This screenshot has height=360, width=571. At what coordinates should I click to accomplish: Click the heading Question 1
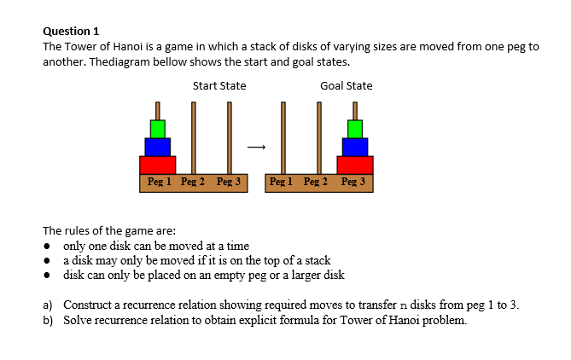tap(71, 31)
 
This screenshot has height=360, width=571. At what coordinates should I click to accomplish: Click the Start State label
tap(219, 85)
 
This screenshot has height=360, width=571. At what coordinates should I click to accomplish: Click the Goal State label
tap(346, 85)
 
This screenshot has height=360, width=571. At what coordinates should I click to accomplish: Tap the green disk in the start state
tap(157, 129)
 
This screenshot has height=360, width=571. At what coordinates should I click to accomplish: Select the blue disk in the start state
tap(157, 147)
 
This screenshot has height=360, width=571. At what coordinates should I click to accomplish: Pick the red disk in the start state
tap(157, 165)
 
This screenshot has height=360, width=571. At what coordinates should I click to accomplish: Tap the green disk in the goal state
tap(355, 129)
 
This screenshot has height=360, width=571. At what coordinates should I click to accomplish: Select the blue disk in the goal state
tap(355, 147)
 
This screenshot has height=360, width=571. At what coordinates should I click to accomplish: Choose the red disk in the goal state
tap(355, 165)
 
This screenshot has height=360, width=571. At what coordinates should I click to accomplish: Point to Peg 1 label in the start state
tap(160, 182)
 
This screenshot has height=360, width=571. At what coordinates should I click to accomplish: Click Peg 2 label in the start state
tap(194, 182)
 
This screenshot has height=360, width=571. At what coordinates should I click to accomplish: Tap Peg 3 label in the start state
tap(229, 182)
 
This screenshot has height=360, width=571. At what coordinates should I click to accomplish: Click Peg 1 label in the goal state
tap(283, 182)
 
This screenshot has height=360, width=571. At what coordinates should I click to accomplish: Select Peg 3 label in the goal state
tap(353, 182)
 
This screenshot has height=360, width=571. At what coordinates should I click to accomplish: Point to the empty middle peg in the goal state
tap(319, 136)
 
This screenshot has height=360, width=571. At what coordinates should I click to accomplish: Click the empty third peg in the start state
tap(229, 136)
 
